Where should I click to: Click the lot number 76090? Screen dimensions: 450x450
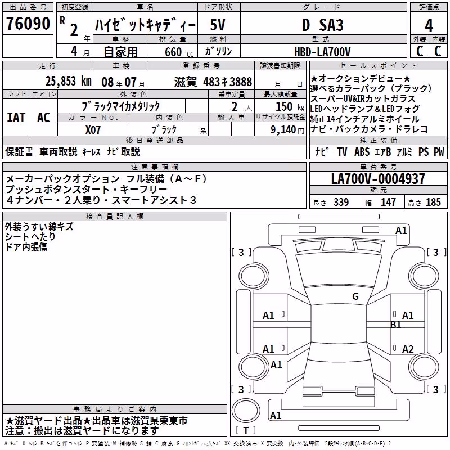(x=28, y=24)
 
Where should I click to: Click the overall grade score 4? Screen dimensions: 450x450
(x=429, y=26)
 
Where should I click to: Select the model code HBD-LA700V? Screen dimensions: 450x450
(x=322, y=52)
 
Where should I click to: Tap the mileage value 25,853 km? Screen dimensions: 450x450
(x=69, y=81)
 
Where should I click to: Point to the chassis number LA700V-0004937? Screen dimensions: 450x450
(x=378, y=179)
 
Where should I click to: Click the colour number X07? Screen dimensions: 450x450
(x=93, y=130)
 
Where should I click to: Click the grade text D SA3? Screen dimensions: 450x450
(x=323, y=25)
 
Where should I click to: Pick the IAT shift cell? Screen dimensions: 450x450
(x=16, y=118)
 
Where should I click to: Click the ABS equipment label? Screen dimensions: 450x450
(x=362, y=152)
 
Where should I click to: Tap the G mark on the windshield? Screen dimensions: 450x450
(x=355, y=296)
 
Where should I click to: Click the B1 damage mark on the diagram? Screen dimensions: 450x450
(x=396, y=325)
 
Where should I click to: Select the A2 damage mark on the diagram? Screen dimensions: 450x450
(x=408, y=349)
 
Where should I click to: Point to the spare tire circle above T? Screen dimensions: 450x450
(x=246, y=410)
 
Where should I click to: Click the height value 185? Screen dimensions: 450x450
(x=433, y=202)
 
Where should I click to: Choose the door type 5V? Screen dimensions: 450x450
(x=218, y=25)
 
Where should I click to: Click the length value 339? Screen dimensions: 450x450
(x=341, y=202)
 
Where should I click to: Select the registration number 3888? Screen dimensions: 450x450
(x=241, y=82)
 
